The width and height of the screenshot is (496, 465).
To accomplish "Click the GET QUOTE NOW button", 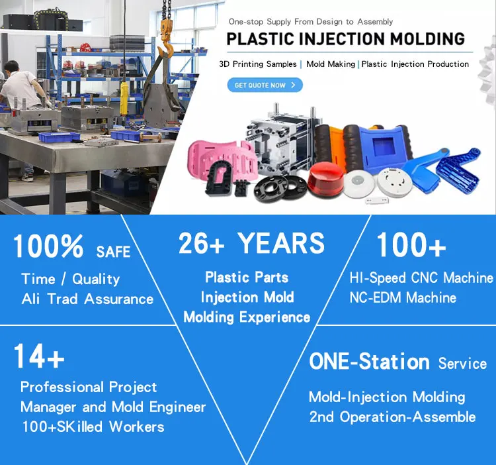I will pos(265,85).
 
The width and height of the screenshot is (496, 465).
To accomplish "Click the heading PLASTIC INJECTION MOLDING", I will pos(345,38).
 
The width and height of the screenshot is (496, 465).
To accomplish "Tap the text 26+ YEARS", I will pos(251,244).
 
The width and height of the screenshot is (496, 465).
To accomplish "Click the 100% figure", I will pos(48,248).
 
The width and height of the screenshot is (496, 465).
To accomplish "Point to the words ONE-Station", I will pos(369,362).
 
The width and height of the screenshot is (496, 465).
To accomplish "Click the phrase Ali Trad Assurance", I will pos(87,299).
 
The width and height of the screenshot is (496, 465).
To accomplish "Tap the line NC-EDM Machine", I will pos(403,297).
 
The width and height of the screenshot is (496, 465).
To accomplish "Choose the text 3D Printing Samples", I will pos(258,64).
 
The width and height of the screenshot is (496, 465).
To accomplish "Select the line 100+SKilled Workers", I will pos(93,426).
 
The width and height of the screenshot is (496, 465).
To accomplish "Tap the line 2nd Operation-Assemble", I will pos(392,417).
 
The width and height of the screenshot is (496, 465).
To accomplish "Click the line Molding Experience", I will pos(247,317).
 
